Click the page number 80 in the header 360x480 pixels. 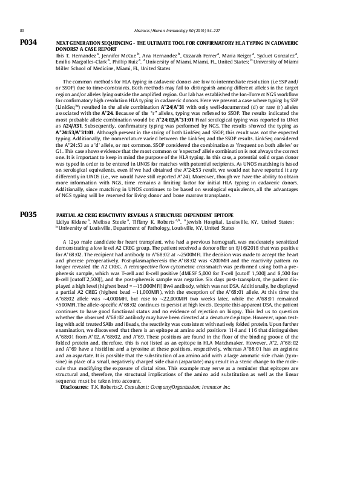(22, 30)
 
